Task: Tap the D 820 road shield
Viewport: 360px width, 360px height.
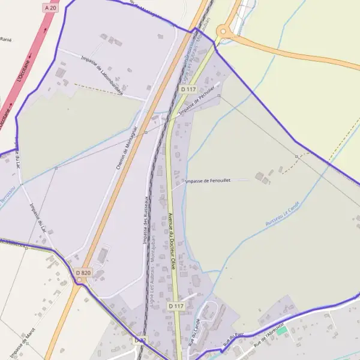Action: (x=83, y=273)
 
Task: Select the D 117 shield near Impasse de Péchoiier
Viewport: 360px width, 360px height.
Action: (x=188, y=89)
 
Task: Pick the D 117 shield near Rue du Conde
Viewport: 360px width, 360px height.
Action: (x=175, y=306)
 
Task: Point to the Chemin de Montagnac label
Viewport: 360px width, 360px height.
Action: (x=127, y=148)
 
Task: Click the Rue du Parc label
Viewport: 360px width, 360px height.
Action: (x=234, y=341)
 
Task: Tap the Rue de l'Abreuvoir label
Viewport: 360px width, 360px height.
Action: (x=268, y=334)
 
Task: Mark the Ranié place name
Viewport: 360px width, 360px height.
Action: (x=6, y=40)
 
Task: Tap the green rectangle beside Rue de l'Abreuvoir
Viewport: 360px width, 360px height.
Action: (x=281, y=331)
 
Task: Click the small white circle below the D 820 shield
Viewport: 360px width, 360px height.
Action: (x=79, y=280)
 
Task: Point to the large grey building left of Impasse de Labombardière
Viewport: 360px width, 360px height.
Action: (x=60, y=73)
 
